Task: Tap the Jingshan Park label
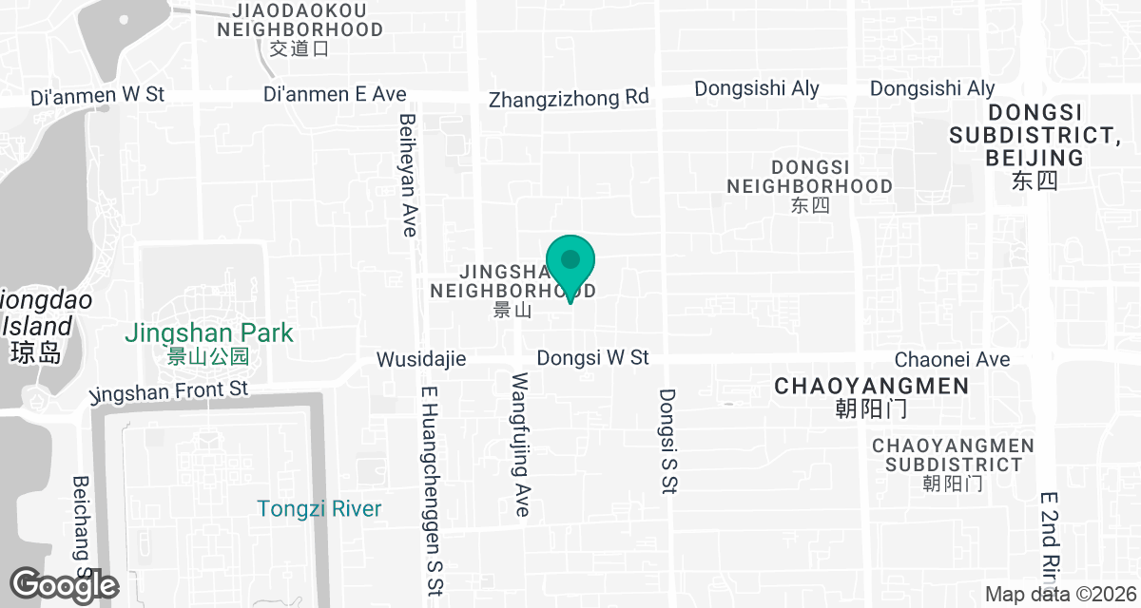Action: click(x=209, y=334)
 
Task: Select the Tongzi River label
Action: click(x=319, y=509)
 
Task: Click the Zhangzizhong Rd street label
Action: click(x=569, y=98)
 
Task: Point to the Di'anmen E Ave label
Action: click(x=335, y=94)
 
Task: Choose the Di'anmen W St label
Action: click(x=98, y=96)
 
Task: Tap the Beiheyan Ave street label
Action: click(x=409, y=175)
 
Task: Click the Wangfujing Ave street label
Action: click(x=521, y=445)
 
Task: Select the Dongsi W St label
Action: click(x=592, y=358)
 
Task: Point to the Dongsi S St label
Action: click(x=667, y=441)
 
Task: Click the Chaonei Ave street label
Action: click(x=952, y=359)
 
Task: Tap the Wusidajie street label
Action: click(x=421, y=359)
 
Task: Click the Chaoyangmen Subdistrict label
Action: click(x=953, y=455)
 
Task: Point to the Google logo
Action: click(x=65, y=585)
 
